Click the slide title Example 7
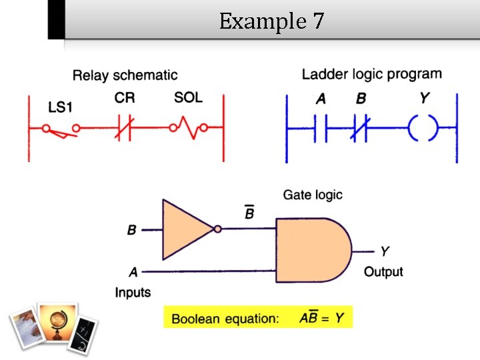click(x=271, y=21)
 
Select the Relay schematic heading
click(x=125, y=75)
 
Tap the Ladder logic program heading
click(x=371, y=74)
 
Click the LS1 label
click(x=60, y=107)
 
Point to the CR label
click(x=124, y=98)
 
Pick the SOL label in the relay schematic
click(x=188, y=98)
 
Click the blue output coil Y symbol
click(x=423, y=127)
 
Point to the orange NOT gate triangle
click(x=185, y=230)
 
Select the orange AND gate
click(x=312, y=249)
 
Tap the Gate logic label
click(x=313, y=195)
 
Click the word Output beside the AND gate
click(x=383, y=271)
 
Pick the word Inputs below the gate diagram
click(x=133, y=292)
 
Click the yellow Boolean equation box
click(x=257, y=317)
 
